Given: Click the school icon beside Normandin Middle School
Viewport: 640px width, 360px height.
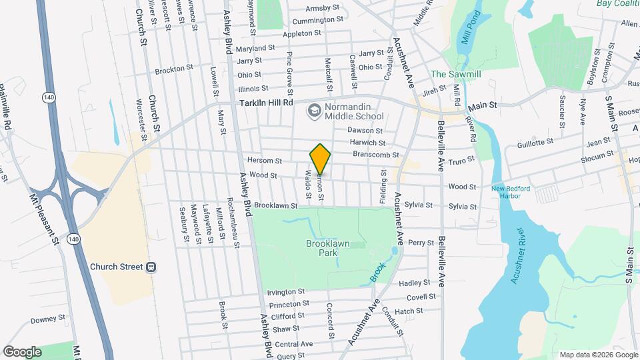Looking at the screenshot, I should tap(313, 109).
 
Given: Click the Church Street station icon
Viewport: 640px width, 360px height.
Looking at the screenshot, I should tap(151, 267).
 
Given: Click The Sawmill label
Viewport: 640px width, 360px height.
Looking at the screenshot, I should tap(455, 74).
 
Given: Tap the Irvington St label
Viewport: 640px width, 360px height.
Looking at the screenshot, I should tap(285, 292).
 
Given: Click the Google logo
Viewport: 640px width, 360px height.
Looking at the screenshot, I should tap(22, 351).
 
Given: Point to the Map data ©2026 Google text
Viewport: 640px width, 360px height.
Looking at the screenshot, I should tap(597, 355).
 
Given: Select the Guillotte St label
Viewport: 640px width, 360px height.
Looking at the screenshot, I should tap(536, 142).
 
